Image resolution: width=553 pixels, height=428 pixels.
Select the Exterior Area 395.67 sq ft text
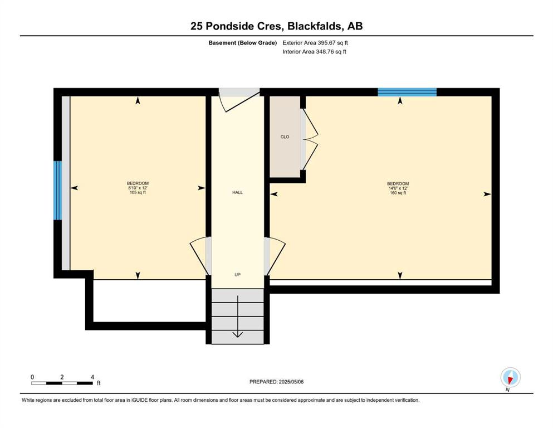coord(315,43)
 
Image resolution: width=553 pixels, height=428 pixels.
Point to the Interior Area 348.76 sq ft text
coord(314,51)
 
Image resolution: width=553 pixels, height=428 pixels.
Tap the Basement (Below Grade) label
coord(243,43)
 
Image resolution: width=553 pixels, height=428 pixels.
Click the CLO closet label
coord(285,137)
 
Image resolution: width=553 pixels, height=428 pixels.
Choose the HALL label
coord(237,192)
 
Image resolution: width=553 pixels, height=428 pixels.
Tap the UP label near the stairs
coord(237,275)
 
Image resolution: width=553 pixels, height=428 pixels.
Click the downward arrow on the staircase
coord(238,317)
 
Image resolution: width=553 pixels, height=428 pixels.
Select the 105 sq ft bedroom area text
coord(138,193)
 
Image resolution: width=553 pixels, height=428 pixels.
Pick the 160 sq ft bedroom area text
coord(398,193)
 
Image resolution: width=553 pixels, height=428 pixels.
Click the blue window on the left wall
coord(57,191)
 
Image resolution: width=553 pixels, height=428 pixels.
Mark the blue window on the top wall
coord(407,92)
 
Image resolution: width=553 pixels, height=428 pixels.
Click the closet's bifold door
coord(310,140)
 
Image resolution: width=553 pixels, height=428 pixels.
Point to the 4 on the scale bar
coord(92,377)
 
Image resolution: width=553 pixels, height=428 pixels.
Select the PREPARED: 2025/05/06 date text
coord(276,382)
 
